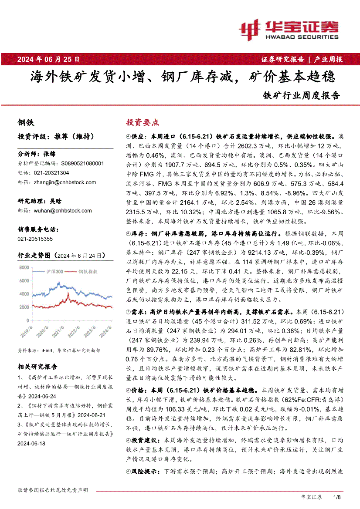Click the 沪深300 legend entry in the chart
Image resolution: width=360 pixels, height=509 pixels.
point(54,272)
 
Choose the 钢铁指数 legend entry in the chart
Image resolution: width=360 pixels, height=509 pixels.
point(87,272)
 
